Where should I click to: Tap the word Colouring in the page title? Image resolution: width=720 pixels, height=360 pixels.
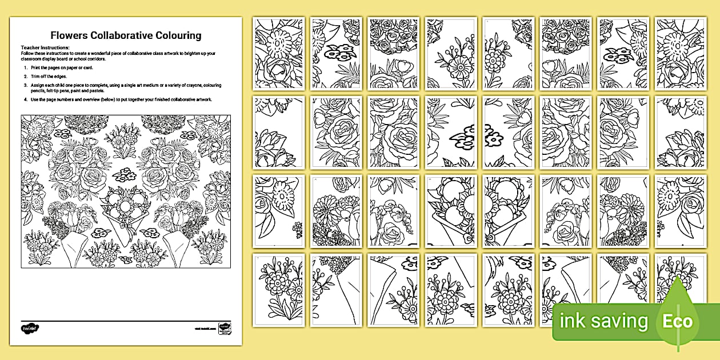click(180, 35)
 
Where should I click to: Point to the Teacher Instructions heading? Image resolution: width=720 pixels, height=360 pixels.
click(45, 47)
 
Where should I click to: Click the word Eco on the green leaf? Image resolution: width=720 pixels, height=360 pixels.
click(678, 321)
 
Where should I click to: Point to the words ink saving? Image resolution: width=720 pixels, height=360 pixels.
click(604, 321)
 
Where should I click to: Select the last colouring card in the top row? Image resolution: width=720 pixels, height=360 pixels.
click(680, 53)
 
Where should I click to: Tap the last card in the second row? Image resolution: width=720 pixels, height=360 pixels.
click(680, 132)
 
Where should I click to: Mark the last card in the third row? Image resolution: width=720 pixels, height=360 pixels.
click(680, 211)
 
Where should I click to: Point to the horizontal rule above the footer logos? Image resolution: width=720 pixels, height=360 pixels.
click(126, 321)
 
